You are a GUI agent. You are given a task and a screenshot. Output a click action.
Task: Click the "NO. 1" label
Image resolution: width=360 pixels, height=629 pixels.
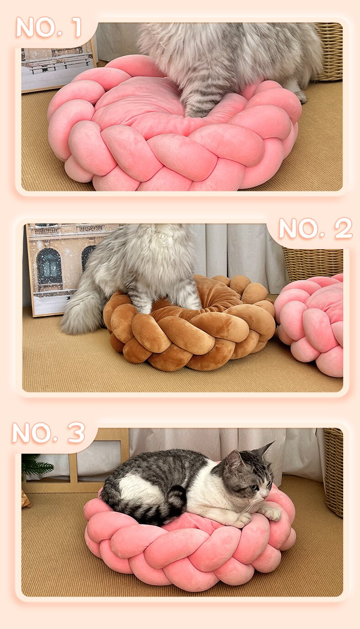[49, 27]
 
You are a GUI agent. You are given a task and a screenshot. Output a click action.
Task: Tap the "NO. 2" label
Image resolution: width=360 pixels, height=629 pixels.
[315, 228]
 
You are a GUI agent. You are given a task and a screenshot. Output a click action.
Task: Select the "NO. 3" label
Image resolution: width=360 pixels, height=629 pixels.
[49, 433]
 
